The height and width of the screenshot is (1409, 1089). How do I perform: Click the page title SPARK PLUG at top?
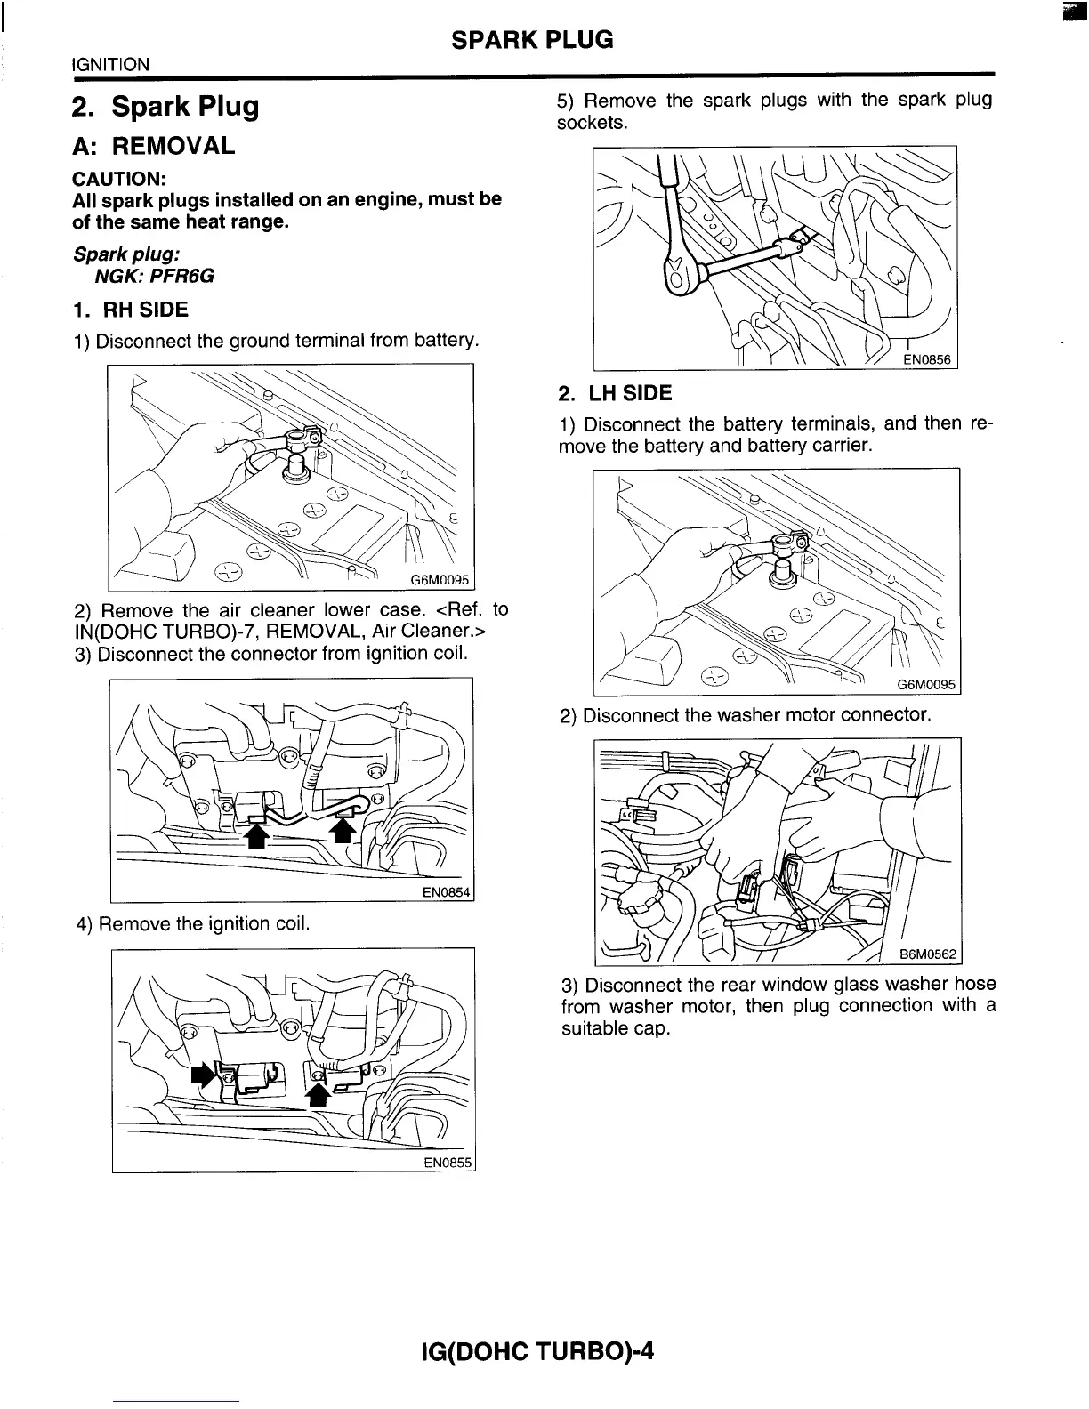click(532, 39)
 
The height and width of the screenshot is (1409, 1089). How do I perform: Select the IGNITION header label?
click(110, 65)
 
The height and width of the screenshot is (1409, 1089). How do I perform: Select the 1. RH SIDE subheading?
click(131, 310)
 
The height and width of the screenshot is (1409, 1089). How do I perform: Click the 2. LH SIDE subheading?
click(615, 393)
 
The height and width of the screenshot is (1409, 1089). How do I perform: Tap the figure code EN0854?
click(445, 892)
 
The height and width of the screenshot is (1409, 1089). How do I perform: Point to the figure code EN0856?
click(927, 359)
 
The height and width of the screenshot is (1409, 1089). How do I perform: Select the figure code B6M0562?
click(927, 955)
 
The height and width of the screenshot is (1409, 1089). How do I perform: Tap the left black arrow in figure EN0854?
click(255, 835)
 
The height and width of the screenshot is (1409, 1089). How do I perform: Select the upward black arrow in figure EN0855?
click(317, 1092)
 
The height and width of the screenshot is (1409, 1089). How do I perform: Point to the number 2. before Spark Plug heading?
click(85, 107)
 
